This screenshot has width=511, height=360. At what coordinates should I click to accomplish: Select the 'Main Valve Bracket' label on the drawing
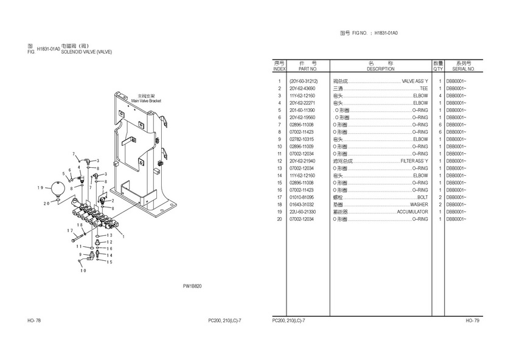[147, 99]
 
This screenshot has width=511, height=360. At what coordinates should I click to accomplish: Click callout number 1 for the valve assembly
[123, 237]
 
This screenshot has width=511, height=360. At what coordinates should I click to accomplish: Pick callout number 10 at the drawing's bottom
[83, 270]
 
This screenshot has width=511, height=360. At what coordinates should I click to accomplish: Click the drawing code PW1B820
[192, 286]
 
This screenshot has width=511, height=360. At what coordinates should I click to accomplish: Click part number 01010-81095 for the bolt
[302, 197]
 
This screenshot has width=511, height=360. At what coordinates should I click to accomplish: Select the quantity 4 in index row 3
[439, 95]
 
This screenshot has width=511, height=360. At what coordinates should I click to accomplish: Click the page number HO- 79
[473, 320]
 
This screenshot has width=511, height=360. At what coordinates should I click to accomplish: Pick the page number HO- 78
[34, 320]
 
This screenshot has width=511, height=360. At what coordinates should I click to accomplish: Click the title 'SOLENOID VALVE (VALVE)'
[86, 52]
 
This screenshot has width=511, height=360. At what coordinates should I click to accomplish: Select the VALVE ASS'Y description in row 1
[415, 81]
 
